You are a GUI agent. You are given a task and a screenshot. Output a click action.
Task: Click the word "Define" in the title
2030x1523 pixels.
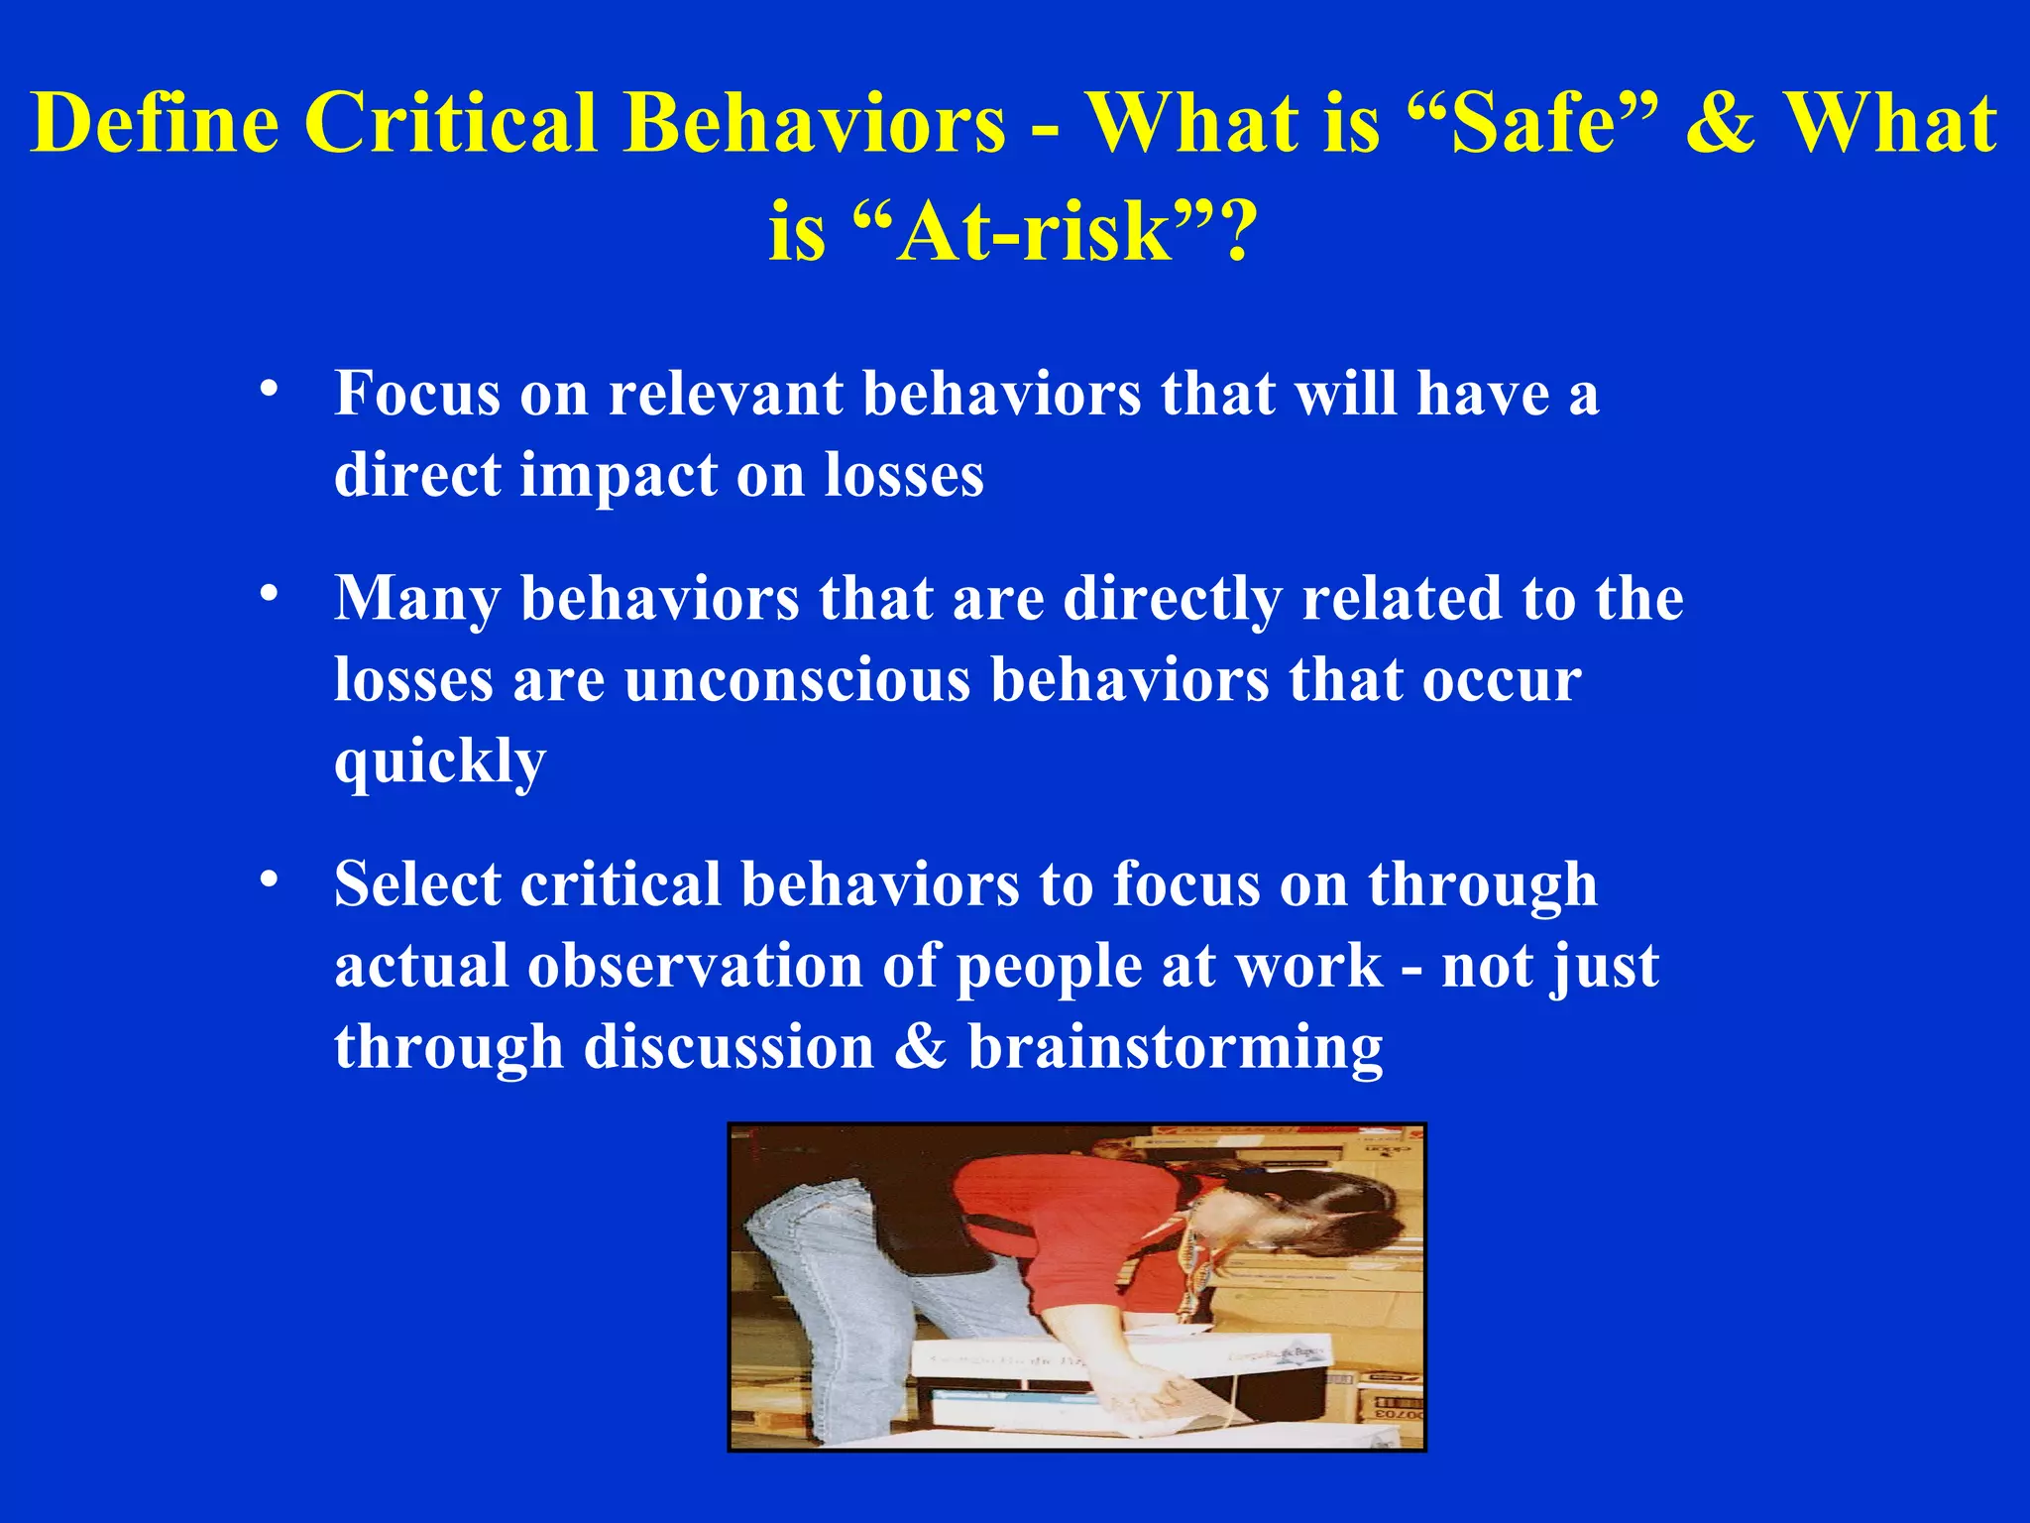tap(155, 123)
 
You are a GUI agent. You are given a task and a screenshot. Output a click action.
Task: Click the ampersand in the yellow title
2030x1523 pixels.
tap(1721, 123)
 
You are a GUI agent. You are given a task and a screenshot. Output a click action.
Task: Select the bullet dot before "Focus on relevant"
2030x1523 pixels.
tap(268, 389)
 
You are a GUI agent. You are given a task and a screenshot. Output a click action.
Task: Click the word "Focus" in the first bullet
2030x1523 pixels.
tap(417, 393)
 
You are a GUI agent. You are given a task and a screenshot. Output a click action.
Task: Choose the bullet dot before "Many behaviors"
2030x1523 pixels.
tap(268, 594)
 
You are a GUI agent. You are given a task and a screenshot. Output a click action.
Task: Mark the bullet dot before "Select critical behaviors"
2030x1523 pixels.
tap(268, 879)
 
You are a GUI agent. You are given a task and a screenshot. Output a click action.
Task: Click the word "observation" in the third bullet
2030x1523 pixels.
tap(695, 966)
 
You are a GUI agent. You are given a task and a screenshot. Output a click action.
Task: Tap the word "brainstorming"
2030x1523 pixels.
tap(1175, 1048)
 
